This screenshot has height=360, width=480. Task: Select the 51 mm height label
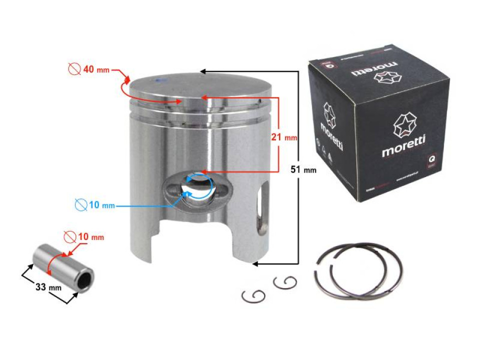303,169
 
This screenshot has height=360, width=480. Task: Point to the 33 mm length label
48,287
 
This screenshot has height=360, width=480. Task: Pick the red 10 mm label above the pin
90,236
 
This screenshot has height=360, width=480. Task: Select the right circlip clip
285,283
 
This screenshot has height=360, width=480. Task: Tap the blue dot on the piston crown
159,80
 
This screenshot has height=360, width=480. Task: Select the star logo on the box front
403,125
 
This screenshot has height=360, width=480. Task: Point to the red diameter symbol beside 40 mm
74,69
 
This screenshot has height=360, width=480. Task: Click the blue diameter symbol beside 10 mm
80,205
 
